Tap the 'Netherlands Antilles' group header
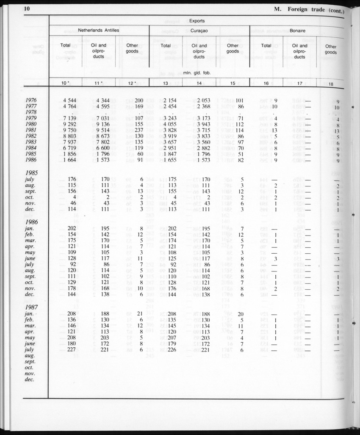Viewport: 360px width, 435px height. pos(98,30)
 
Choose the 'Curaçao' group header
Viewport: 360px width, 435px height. pos(199,30)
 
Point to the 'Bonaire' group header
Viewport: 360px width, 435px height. pos(298,31)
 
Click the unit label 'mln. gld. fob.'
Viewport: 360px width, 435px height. pos(197,73)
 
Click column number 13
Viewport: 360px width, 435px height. pos(166,83)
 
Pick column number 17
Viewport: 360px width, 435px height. pos(299,83)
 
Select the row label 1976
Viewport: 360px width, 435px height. pos(31,100)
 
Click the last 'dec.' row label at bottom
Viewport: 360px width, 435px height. pos(30,380)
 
